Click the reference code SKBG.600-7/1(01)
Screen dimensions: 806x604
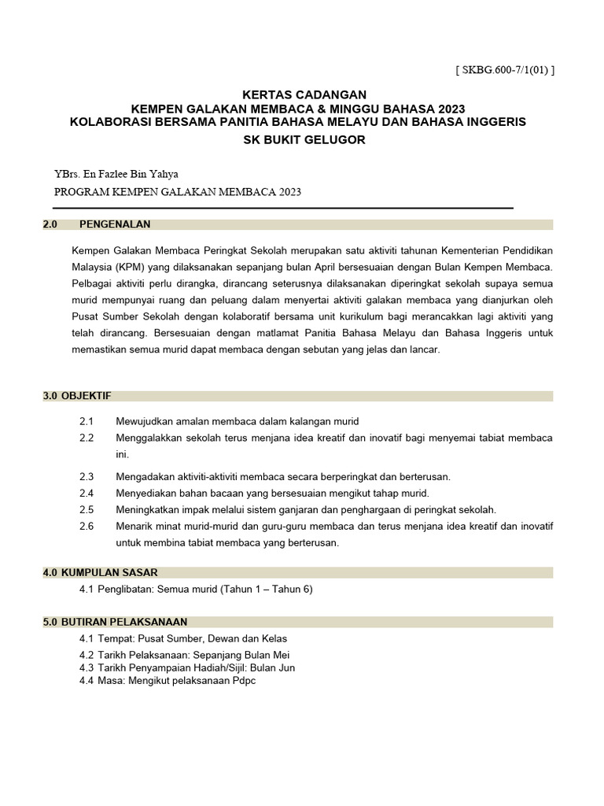click(x=504, y=70)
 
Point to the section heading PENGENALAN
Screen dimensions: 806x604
click(x=115, y=224)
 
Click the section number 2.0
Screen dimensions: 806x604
click(x=51, y=224)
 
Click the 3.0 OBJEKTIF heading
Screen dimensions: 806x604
click(x=77, y=396)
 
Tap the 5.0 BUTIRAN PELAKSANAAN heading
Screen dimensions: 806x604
click(x=115, y=622)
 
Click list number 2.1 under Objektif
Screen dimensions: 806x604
click(x=87, y=422)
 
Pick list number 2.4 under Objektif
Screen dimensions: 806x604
click(x=87, y=493)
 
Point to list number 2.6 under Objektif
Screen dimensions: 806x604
click(x=87, y=526)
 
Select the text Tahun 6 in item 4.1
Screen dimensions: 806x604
click(x=293, y=590)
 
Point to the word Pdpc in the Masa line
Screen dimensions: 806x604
click(x=243, y=680)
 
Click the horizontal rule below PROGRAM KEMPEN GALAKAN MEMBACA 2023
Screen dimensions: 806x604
click(x=283, y=208)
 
